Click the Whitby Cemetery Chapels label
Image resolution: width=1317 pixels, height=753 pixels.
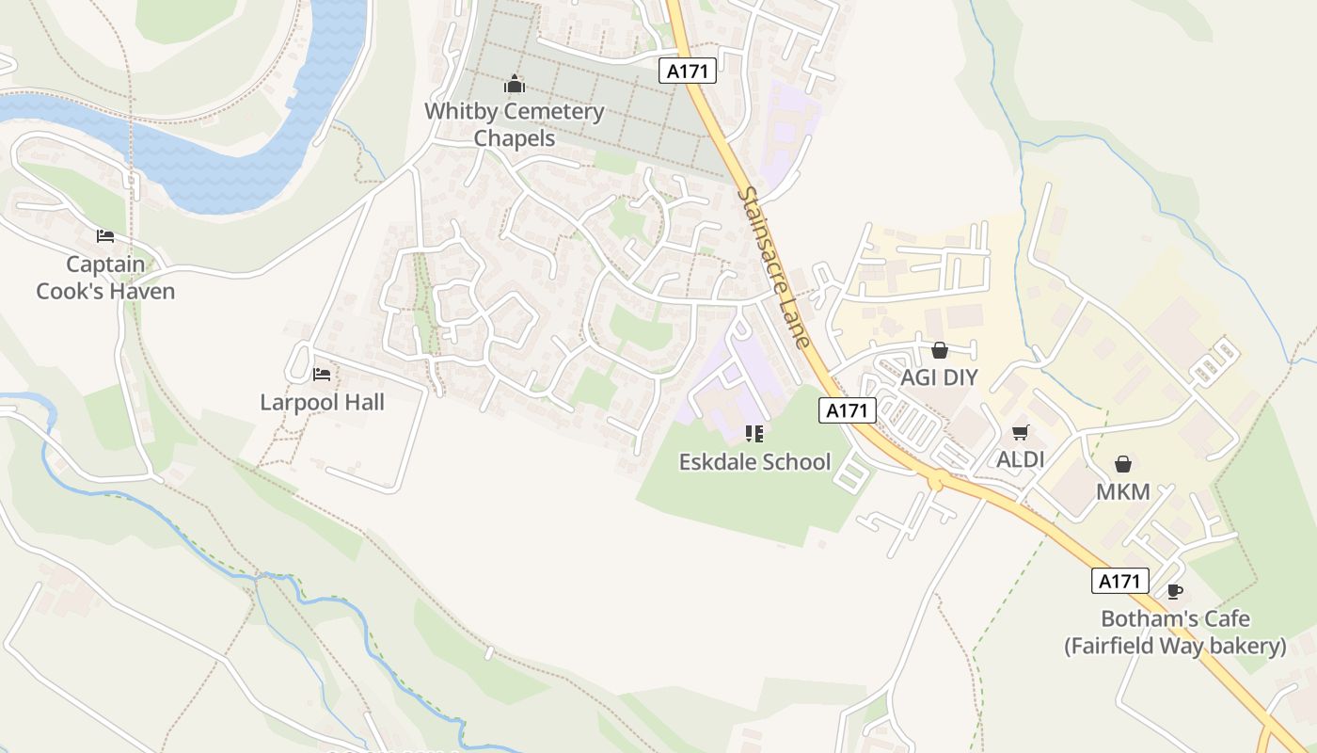point(514,124)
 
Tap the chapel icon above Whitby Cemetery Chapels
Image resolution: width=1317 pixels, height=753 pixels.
point(514,85)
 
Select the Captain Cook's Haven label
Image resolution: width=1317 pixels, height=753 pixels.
point(105,278)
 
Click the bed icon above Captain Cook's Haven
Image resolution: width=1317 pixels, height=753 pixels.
point(105,236)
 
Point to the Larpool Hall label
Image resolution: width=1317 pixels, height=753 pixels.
point(323,403)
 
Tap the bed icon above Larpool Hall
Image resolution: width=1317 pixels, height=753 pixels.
point(322,375)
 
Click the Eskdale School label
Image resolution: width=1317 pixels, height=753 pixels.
point(755,461)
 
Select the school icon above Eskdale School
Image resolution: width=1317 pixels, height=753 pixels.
point(754,433)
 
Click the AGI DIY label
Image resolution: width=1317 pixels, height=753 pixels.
point(939,378)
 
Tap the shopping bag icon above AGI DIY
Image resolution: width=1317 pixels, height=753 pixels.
point(939,351)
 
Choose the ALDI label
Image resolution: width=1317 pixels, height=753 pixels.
point(1021,460)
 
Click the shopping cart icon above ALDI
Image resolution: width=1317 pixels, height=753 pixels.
point(1021,433)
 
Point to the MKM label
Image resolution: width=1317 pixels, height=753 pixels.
point(1122,492)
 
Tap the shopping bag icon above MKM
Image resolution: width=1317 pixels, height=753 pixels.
point(1122,464)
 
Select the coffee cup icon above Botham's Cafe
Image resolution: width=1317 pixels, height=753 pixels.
point(1174,592)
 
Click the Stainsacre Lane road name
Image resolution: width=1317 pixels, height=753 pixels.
point(774,266)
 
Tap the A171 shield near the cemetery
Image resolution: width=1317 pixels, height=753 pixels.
point(688,71)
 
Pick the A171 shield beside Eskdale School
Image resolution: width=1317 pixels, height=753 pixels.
point(848,410)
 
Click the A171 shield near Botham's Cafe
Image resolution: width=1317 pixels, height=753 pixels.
point(1120,581)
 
